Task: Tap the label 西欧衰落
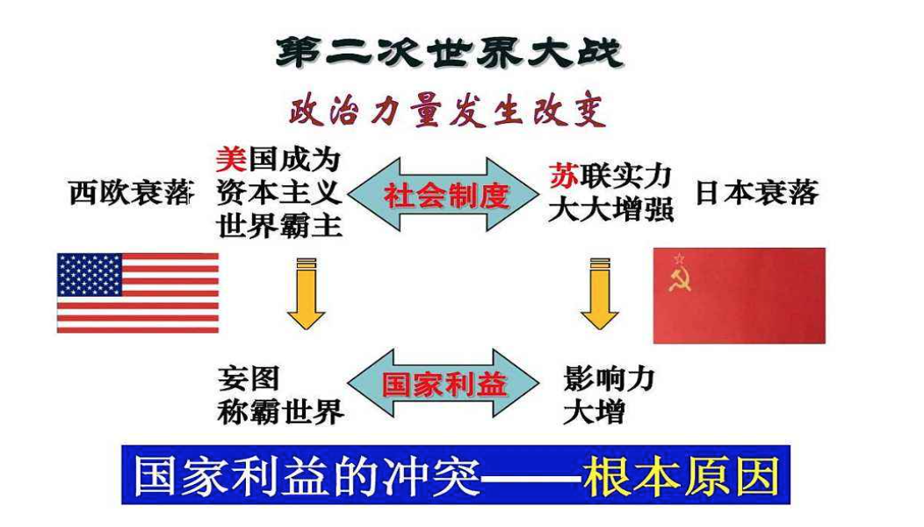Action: click(131, 193)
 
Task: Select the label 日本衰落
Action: click(755, 193)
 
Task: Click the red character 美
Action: click(230, 160)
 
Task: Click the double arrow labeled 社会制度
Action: click(446, 195)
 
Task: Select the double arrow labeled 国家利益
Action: click(444, 384)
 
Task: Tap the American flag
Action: click(138, 292)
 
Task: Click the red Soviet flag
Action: click(739, 295)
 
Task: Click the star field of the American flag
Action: click(90, 274)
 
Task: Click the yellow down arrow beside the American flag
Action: click(306, 293)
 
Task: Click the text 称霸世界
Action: click(280, 412)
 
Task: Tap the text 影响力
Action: click(610, 379)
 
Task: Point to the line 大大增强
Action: click(610, 211)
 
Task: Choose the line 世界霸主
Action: click(279, 226)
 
